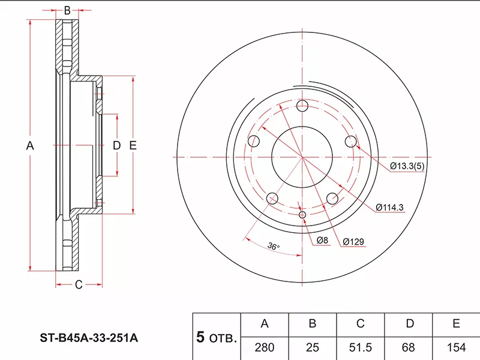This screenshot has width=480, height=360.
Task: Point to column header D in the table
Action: click(x=409, y=324)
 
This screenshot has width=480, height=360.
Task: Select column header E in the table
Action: click(x=456, y=324)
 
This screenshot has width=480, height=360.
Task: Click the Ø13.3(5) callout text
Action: click(x=410, y=166)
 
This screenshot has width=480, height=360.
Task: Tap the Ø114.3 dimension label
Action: click(x=389, y=208)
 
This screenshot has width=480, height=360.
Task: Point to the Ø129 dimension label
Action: click(x=355, y=242)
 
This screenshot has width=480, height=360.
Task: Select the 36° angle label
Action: click(x=274, y=246)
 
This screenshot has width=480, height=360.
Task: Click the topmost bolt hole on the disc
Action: click(x=302, y=106)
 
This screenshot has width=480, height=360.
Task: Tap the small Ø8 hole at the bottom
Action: click(x=302, y=215)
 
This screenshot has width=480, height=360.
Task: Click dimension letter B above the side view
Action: click(x=67, y=10)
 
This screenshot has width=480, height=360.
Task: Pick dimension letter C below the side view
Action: click(x=78, y=285)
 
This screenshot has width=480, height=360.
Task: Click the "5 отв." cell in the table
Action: click(x=217, y=337)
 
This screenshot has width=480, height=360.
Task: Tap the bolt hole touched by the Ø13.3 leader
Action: click(x=351, y=141)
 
